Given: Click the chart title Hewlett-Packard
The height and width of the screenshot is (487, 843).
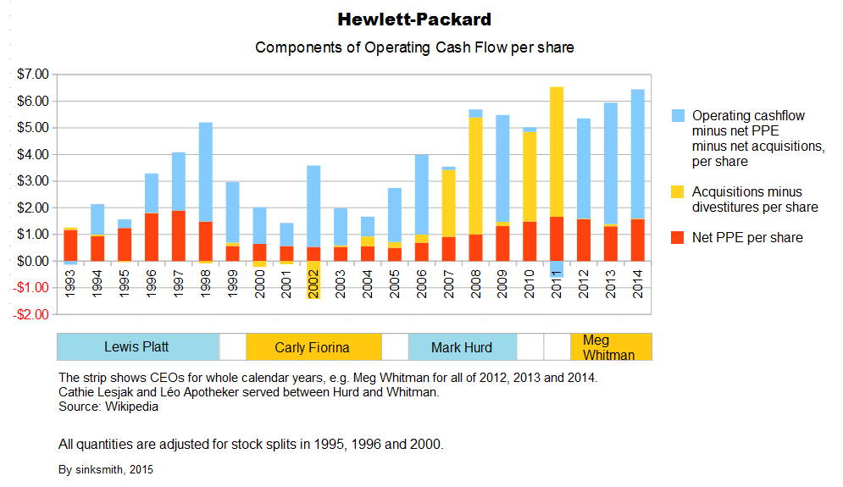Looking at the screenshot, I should pos(414,19).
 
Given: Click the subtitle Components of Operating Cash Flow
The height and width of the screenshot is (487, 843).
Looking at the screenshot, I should pos(414,47).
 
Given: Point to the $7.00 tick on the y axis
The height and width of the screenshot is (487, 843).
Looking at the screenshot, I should pos(33,75).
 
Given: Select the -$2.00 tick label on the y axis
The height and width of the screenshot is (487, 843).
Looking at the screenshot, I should pos(31,315).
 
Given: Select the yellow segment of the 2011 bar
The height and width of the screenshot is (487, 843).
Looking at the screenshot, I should pos(557,152).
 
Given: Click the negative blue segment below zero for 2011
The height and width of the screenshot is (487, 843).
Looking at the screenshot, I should pos(557,269).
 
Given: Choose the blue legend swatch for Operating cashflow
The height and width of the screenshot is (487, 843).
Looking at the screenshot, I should pos(678,115).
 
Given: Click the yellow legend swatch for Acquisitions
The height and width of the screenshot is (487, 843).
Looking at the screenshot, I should pos(678,192).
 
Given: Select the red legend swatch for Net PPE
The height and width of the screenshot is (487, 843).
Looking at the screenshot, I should pos(678,238).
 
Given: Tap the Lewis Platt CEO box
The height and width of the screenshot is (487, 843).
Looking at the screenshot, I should pos(137,347).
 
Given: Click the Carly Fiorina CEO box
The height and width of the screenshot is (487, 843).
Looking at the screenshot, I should pos(313,347).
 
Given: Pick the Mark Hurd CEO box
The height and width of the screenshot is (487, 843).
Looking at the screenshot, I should pos(462,347).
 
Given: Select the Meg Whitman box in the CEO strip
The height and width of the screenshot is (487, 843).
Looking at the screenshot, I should pos(611,347).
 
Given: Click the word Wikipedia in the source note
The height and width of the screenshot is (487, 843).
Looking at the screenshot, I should pos(132,407).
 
